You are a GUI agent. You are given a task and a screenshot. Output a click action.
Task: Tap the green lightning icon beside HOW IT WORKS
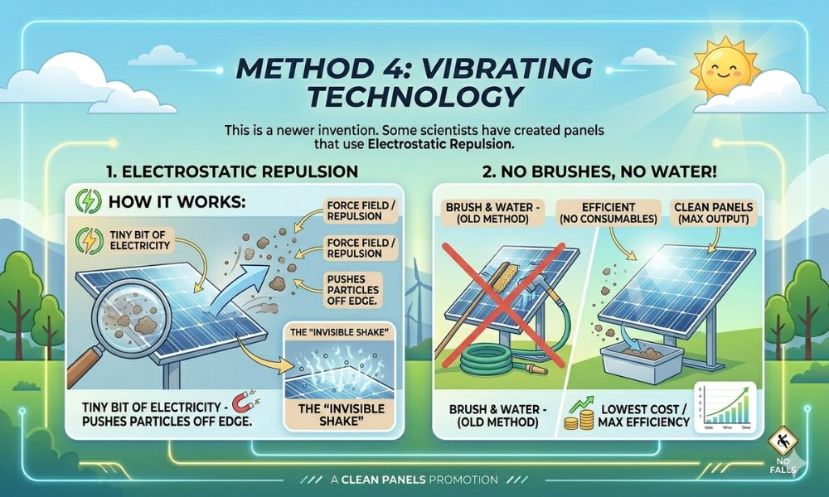(x=85, y=204)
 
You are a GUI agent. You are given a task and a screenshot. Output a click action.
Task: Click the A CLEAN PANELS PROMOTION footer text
(x=414, y=478)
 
